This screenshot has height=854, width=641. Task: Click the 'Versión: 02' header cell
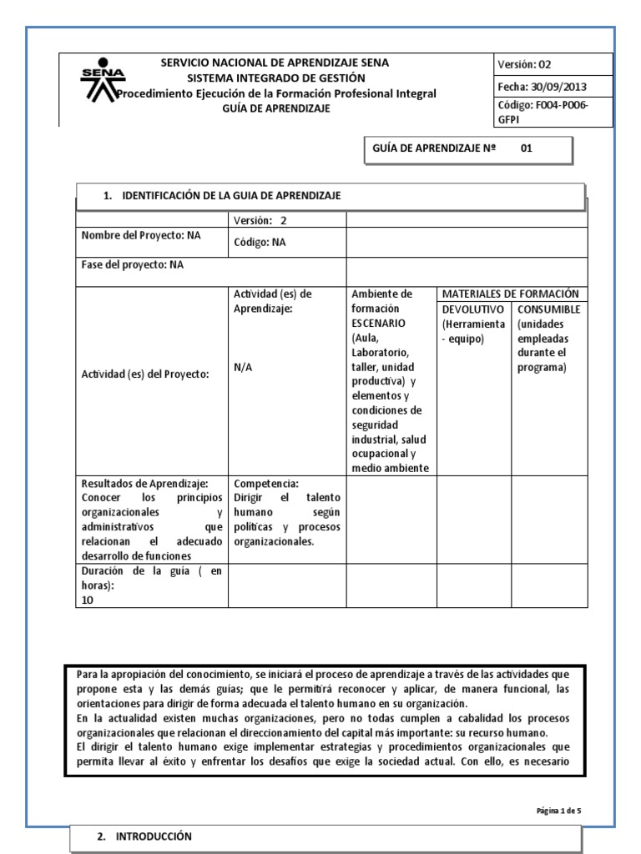tap(525, 65)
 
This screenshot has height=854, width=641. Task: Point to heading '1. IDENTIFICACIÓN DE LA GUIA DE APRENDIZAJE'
tap(221, 195)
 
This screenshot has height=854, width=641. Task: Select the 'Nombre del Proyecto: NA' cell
tap(141, 235)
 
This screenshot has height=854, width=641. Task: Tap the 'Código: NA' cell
tap(260, 243)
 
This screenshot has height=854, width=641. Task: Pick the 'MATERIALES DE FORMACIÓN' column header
tap(510, 294)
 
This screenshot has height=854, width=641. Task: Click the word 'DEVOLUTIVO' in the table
tap(472, 309)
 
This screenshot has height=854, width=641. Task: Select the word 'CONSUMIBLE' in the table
tap(548, 309)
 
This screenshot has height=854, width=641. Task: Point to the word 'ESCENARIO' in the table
tap(378, 322)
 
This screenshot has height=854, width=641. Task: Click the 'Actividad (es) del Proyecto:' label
tap(144, 374)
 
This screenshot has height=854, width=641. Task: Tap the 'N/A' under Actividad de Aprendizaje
tap(244, 366)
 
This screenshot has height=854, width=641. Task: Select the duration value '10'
tap(88, 599)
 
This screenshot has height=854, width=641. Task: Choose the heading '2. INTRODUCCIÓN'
tap(144, 836)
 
